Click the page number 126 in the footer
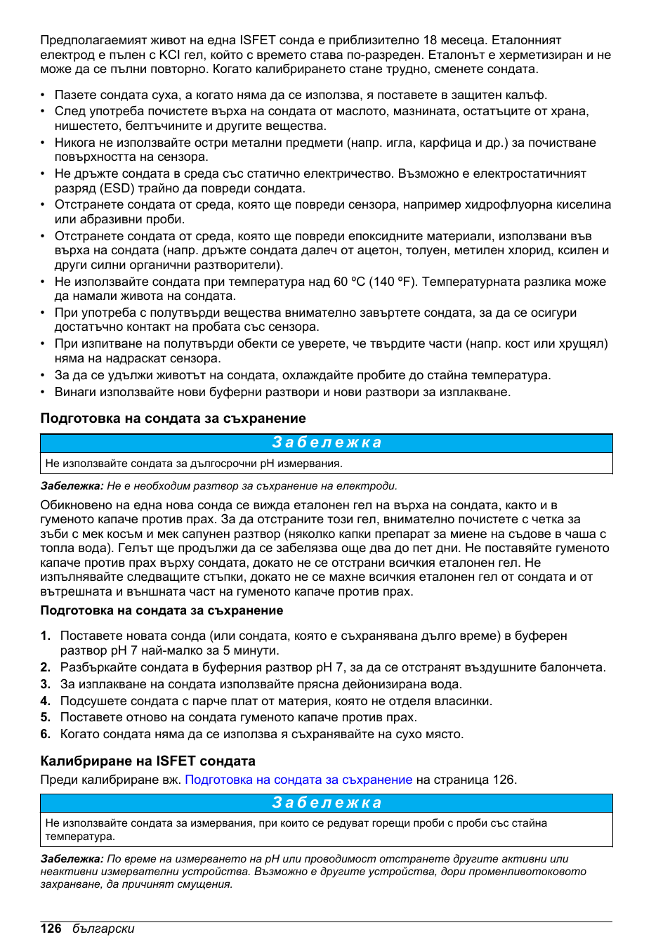coord(51,929)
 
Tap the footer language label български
coord(103,929)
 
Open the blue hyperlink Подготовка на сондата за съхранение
coord(298,780)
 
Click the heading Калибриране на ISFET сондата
coord(147,761)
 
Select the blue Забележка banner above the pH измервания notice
coord(327,442)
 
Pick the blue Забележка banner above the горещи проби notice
coord(327,803)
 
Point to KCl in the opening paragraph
coord(169,55)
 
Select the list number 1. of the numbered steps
coord(46,636)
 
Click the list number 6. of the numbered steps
coord(46,734)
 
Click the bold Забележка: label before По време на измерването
coord(72,859)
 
